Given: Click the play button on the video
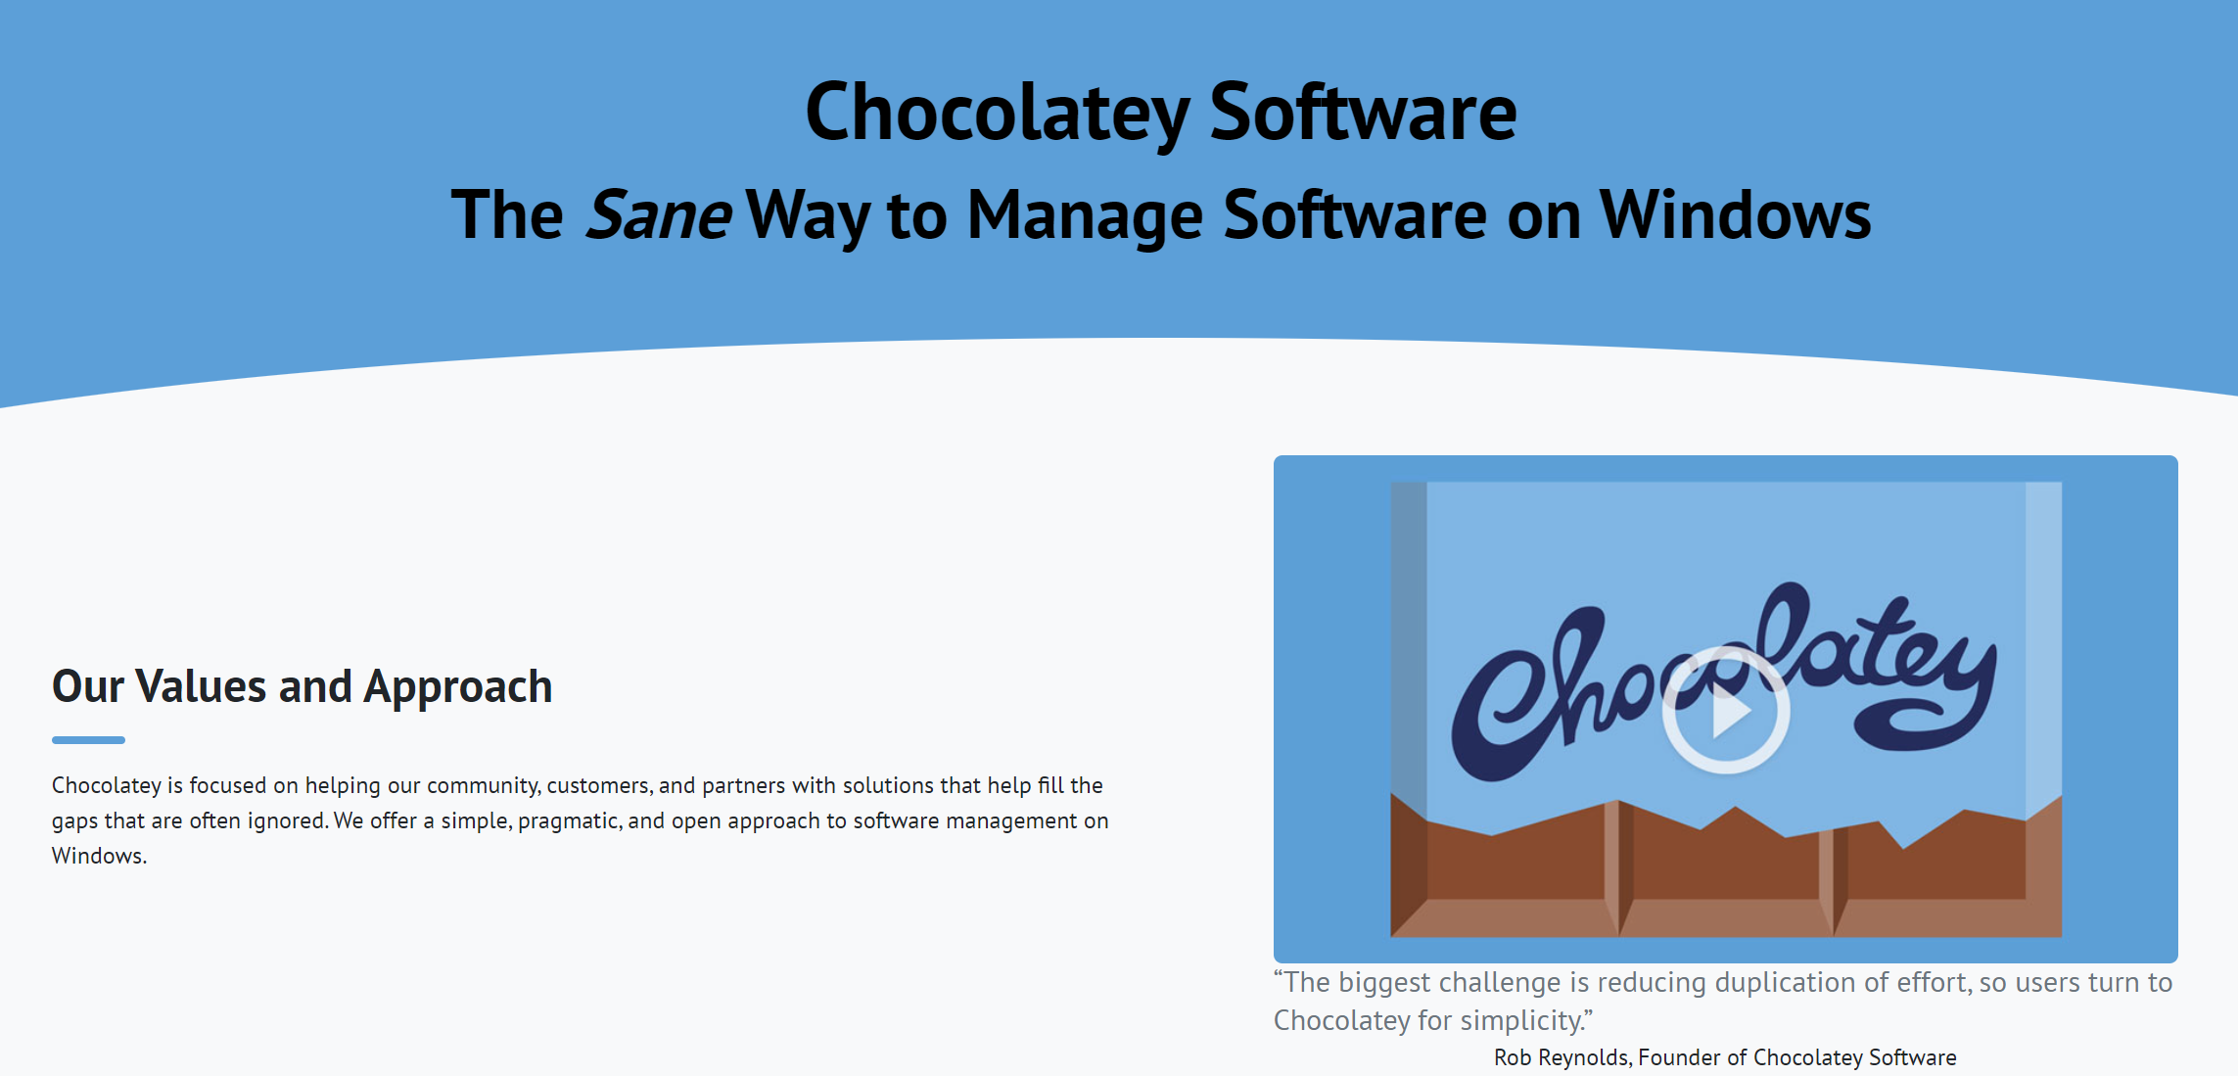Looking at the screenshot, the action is coord(1726,711).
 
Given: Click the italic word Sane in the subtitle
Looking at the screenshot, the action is coord(658,214).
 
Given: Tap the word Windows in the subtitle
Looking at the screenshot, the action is coord(1735,214).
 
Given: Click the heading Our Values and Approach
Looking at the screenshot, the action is coord(302,687).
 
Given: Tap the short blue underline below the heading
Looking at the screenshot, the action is coord(88,740).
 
